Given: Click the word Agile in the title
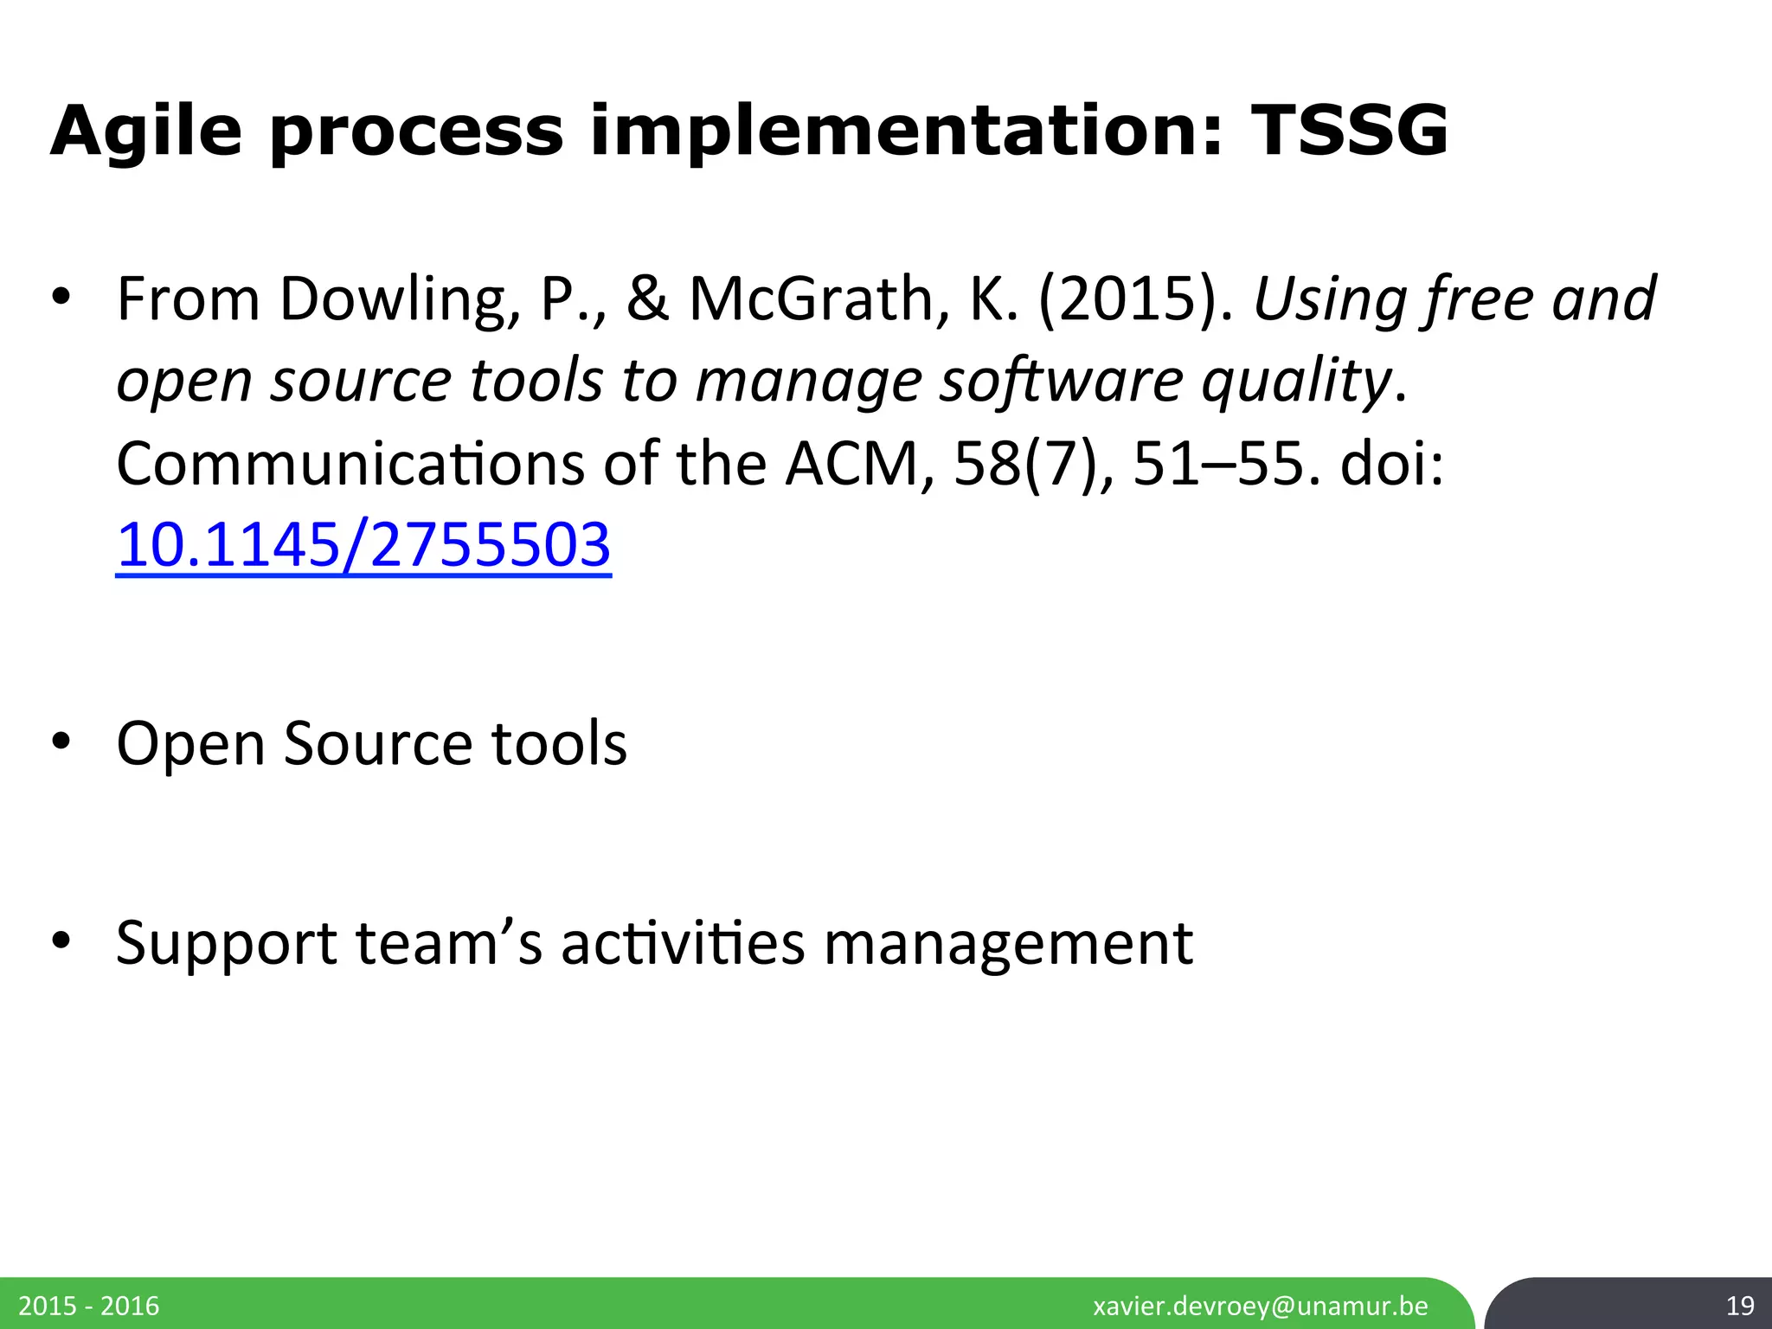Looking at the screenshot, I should click(146, 132).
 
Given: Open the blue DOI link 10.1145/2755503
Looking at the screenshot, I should click(363, 545).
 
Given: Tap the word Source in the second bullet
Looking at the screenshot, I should click(377, 743).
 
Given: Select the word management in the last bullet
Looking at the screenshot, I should click(1008, 943).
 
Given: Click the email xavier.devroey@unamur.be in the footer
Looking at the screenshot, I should click(1261, 1305).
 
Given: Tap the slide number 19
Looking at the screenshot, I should click(1739, 1305).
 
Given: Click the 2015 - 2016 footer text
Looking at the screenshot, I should click(89, 1305).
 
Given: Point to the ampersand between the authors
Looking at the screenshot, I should click(647, 299).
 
